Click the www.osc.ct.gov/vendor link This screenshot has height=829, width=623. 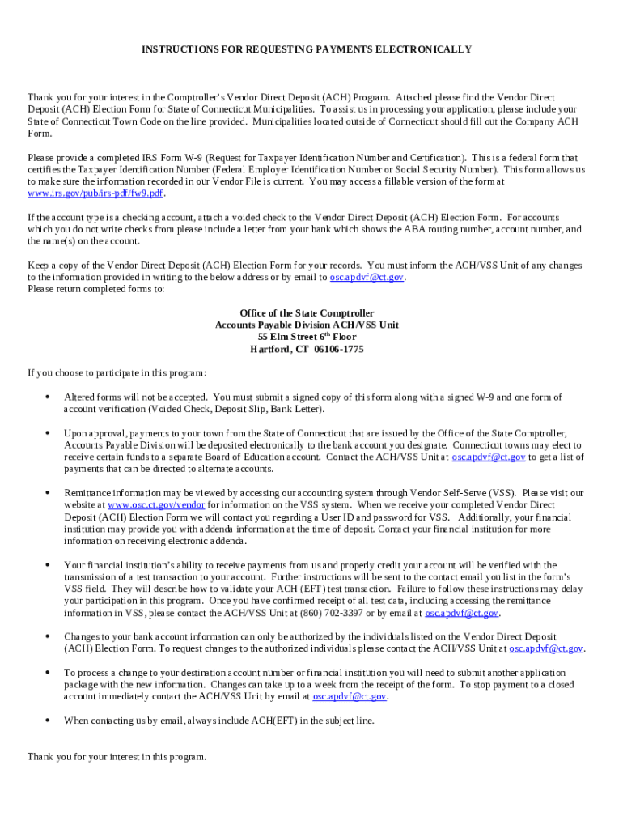tap(156, 505)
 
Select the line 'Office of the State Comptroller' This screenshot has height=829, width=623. tap(307, 313)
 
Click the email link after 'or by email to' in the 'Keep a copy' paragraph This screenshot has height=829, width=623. tap(366, 277)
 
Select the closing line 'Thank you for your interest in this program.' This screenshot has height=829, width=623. tap(117, 757)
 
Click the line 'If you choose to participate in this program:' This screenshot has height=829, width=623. tap(117, 373)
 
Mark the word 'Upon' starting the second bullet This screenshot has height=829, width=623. tap(76, 433)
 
